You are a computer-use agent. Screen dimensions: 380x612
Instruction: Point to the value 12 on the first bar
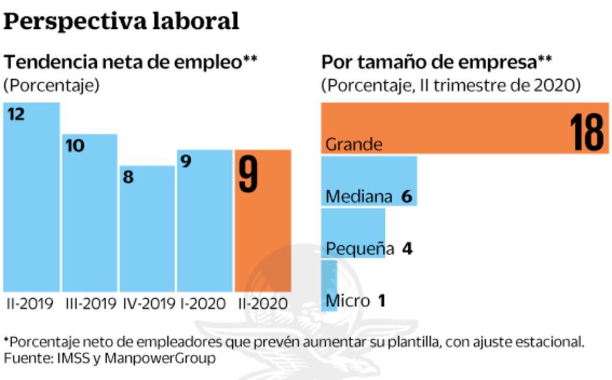click(16, 114)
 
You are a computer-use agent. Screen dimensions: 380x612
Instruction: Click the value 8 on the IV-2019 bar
click(129, 178)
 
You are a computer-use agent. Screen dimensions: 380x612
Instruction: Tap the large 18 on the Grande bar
click(586, 132)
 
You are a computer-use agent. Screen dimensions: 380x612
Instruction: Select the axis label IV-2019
click(147, 303)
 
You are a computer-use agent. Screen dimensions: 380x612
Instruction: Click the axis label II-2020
click(262, 303)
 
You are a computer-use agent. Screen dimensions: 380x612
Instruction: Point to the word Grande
click(354, 145)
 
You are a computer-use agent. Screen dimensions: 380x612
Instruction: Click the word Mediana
click(359, 197)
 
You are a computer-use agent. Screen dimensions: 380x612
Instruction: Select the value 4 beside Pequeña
click(407, 249)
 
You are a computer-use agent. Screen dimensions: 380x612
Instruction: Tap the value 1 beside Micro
click(381, 301)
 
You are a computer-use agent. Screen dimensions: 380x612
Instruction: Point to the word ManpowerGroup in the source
click(160, 358)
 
